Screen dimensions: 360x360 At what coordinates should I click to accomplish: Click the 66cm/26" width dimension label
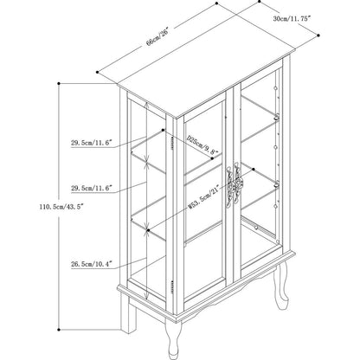click(157, 37)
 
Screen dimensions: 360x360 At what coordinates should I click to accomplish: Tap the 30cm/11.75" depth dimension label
click(292, 19)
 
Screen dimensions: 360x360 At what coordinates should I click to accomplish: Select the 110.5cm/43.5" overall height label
click(61, 207)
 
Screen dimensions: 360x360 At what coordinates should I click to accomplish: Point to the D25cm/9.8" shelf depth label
click(202, 145)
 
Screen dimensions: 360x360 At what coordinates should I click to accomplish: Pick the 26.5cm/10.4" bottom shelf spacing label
click(92, 264)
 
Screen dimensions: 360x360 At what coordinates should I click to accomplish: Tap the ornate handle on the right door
click(238, 183)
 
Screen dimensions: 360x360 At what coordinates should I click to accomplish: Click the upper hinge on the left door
click(172, 143)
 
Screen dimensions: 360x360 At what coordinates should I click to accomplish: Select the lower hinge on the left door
click(172, 287)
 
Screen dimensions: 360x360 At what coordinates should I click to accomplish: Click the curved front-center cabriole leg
click(174, 337)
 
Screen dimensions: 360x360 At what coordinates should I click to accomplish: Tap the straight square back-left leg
click(128, 313)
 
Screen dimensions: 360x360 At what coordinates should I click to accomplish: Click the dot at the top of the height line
click(59, 84)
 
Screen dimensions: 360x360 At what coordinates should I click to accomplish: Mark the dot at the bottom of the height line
click(59, 330)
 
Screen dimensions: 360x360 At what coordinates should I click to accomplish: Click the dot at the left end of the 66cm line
click(98, 72)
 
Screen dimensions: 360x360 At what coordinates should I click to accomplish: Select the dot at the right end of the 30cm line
click(318, 35)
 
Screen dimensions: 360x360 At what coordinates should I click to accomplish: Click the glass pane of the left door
click(204, 199)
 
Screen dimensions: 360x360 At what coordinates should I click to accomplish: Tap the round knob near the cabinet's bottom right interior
click(256, 228)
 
